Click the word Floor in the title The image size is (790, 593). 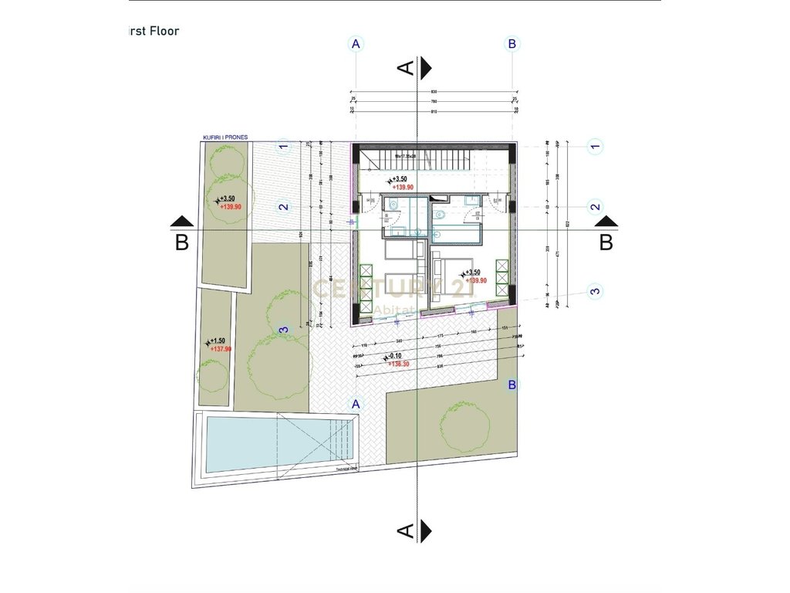164,32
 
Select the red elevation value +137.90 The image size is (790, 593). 221,349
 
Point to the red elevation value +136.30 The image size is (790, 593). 400,363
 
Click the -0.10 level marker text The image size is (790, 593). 397,356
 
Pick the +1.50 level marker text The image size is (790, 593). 217,341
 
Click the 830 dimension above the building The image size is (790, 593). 434,92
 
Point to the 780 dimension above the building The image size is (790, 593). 434,101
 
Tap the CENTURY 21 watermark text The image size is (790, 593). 393,289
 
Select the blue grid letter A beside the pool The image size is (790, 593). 356,404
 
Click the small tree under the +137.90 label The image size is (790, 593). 213,375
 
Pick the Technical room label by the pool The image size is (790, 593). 342,468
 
